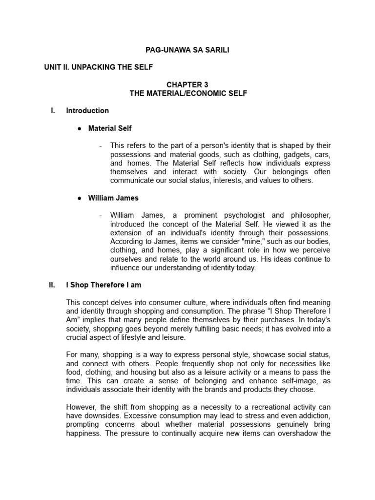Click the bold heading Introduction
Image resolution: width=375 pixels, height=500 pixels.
point(87,111)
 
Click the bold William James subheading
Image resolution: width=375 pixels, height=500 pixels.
point(113,198)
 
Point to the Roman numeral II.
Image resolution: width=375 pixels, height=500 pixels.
point(52,285)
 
